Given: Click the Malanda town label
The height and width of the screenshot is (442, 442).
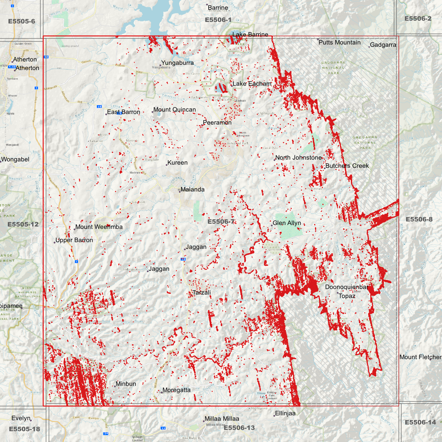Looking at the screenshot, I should tap(192, 190).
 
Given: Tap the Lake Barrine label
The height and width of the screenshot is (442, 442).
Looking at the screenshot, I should tap(250, 35).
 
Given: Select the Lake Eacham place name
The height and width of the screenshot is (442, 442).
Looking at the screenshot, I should tap(252, 84).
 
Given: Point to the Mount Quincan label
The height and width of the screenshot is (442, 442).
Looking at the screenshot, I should tap(174, 110).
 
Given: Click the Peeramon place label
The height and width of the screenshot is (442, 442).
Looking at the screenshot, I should tap(217, 123).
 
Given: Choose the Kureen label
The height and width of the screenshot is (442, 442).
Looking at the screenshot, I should tap(177, 163).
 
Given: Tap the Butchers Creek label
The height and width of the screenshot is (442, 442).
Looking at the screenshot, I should tap(347, 166).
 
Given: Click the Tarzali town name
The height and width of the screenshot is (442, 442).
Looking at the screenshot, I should tap(202, 293).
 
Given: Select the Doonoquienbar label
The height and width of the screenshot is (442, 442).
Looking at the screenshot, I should tap(346, 287).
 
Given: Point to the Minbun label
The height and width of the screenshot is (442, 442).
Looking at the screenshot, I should tap(126, 384).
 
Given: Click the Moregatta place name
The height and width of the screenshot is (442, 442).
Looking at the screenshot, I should tap(176, 390).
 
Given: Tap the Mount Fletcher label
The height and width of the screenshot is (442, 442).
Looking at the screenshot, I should tap(420, 357).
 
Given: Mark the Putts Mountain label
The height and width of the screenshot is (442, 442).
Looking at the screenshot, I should tap(340, 43).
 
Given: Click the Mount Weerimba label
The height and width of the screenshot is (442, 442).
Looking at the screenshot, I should tap(99, 227).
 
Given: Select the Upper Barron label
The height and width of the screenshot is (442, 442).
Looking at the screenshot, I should tap(74, 240).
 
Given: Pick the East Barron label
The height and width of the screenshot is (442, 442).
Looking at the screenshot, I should tap(124, 112).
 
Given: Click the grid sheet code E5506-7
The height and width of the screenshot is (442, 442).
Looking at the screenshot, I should tap(221, 222).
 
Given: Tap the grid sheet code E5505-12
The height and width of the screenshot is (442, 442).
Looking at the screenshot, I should tap(23, 225).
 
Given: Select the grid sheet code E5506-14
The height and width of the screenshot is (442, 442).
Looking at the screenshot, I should tap(420, 422).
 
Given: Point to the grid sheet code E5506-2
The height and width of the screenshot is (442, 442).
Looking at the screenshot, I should tap(418, 19).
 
